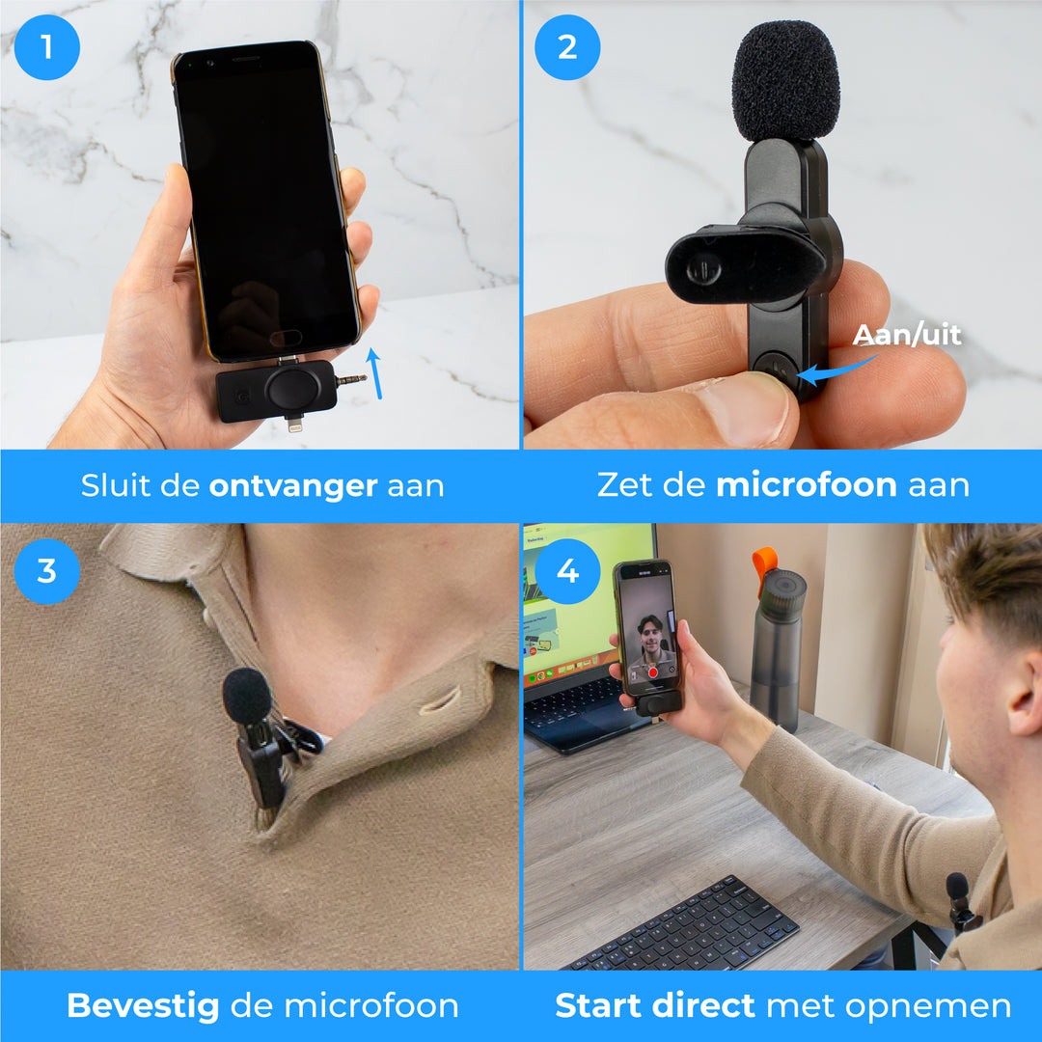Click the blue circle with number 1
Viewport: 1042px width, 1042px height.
[46, 47]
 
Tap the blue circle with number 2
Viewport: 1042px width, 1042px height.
[567, 47]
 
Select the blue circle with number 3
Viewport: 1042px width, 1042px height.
[46, 571]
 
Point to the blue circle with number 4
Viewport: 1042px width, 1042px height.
[567, 571]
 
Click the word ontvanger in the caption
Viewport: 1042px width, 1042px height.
[293, 486]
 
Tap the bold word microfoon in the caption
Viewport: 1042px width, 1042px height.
[806, 484]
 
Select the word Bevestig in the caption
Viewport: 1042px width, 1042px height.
[143, 1006]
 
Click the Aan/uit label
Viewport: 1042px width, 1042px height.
[906, 334]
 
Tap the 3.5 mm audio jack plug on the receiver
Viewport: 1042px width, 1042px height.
[351, 381]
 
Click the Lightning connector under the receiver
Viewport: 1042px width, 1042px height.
[294, 424]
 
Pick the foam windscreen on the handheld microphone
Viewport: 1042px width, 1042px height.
[785, 81]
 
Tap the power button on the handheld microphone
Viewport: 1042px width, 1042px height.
[775, 369]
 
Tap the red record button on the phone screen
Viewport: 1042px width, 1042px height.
[652, 673]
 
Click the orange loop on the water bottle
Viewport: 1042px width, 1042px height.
[765, 564]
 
